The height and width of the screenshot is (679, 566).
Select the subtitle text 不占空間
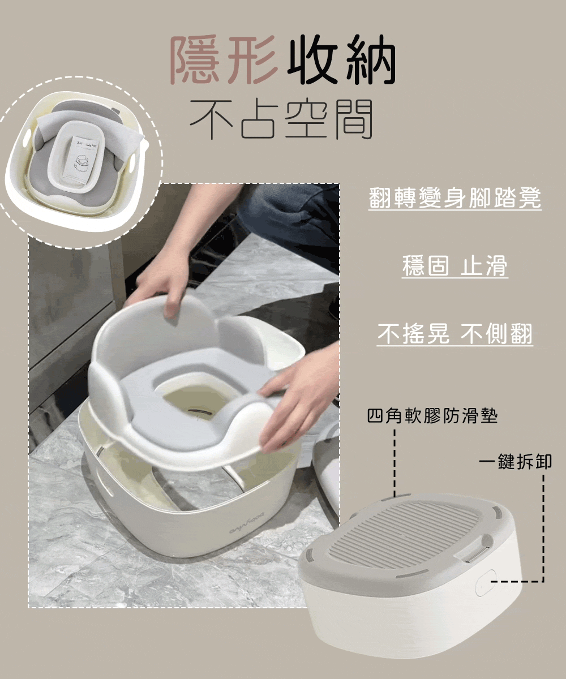coord(281,119)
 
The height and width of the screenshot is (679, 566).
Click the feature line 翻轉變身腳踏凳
coord(454,197)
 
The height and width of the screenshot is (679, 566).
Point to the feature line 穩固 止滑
coord(454,265)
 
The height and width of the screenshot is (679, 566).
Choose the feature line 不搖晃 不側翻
coord(454,333)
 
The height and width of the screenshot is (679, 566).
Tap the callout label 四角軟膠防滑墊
coord(432,416)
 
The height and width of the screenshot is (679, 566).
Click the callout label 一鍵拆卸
coord(515,462)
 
